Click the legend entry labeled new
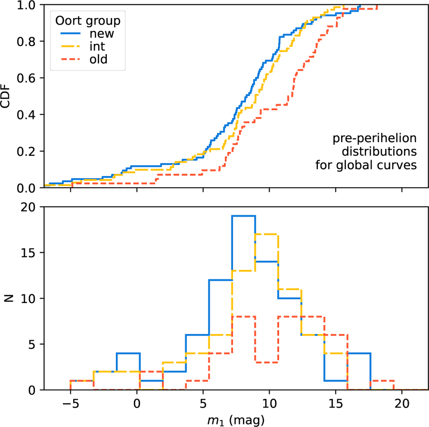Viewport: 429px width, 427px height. pos(102,34)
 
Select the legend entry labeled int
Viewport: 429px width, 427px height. pos(97,46)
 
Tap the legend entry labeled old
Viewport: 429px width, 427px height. pos(98,59)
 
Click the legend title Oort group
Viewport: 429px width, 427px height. pos(88,21)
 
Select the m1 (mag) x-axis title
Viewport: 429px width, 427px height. pos(236,420)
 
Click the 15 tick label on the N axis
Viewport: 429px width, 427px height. pos(28,253)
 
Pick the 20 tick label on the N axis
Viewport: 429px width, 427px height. pos(28,207)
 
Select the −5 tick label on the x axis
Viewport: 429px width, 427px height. pos(70,404)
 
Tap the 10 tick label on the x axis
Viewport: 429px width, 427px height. pos(269,404)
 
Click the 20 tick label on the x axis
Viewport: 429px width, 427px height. pos(402,404)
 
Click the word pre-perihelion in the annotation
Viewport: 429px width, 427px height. pos(374,138)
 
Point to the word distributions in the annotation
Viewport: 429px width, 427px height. pos(379,152)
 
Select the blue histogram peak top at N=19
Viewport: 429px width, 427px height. pos(243,216)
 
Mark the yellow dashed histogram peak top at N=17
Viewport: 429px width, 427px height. pos(267,234)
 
